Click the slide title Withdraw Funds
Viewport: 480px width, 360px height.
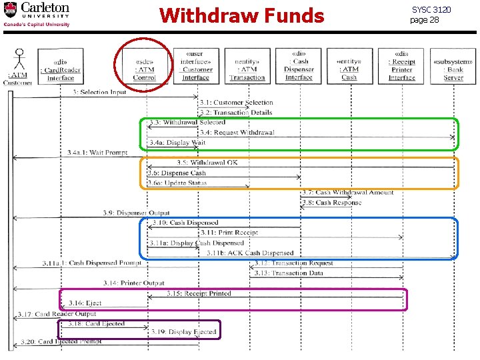pyautogui.click(x=241, y=15)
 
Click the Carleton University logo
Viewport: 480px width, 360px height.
pyautogui.click(x=37, y=14)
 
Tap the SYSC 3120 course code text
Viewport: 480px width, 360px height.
pyautogui.click(x=431, y=10)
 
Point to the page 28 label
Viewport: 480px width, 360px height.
pyautogui.click(x=425, y=20)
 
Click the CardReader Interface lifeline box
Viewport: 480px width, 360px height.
pyautogui.click(x=61, y=66)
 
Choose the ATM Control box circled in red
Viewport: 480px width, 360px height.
pyautogui.click(x=145, y=65)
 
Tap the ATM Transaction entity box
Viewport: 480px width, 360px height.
pyautogui.click(x=247, y=66)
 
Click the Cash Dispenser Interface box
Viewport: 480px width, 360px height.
pyautogui.click(x=299, y=65)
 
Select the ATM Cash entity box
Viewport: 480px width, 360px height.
pyautogui.click(x=349, y=66)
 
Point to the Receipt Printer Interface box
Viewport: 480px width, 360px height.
pyautogui.click(x=401, y=65)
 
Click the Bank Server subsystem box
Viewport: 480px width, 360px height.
pyautogui.click(x=453, y=66)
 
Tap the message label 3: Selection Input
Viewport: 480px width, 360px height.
pyautogui.click(x=100, y=92)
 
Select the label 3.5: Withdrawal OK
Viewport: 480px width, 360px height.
pyautogui.click(x=207, y=163)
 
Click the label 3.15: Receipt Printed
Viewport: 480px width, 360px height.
pyautogui.click(x=199, y=293)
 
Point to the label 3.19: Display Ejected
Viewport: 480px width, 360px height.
pyautogui.click(x=183, y=331)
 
